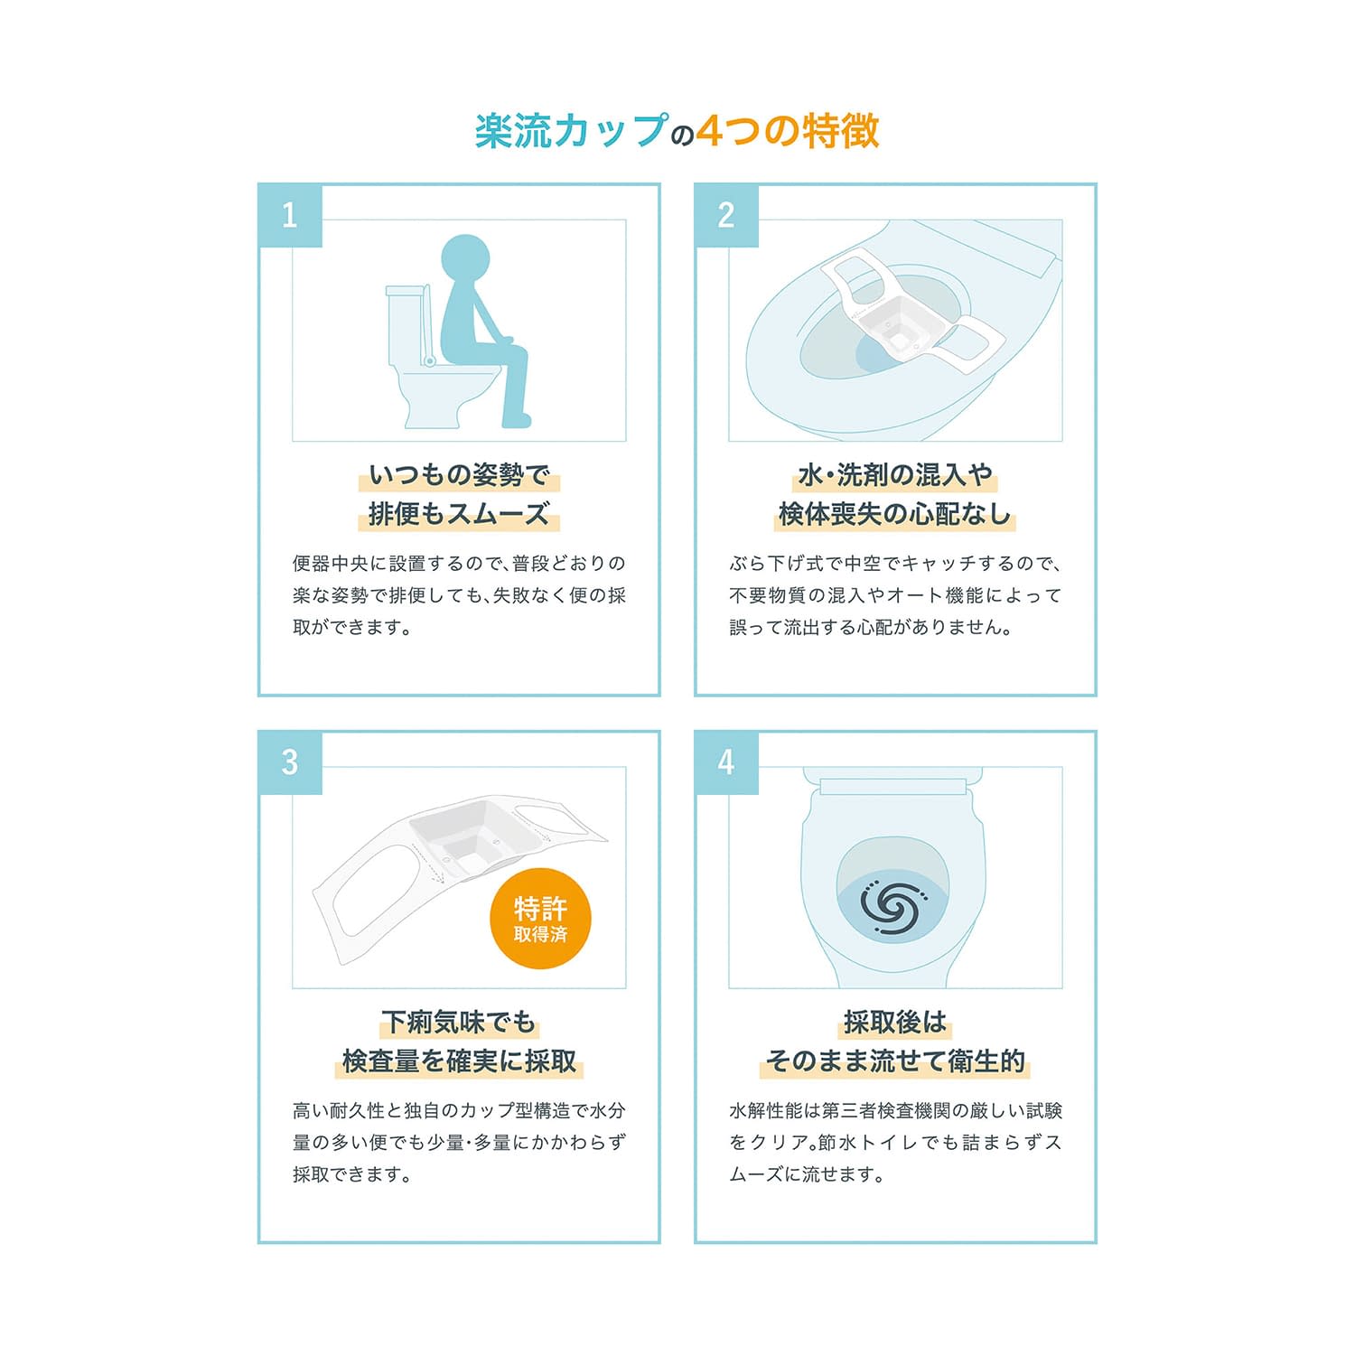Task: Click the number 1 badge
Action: (290, 215)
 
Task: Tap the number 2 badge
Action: (726, 215)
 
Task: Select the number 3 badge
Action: (290, 762)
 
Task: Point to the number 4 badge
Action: (726, 762)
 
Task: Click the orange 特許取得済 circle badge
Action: (540, 919)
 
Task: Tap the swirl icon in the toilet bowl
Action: (892, 905)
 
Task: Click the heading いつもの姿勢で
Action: (459, 475)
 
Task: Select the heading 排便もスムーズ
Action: (459, 515)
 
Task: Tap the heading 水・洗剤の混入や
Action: (895, 475)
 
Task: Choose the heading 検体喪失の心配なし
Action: (895, 515)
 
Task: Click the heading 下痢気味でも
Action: (459, 1023)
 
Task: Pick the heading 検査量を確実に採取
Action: (459, 1061)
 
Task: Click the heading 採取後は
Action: (895, 1023)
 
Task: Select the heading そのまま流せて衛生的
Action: (895, 1061)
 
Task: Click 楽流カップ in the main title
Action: (572, 131)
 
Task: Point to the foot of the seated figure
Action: (519, 420)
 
